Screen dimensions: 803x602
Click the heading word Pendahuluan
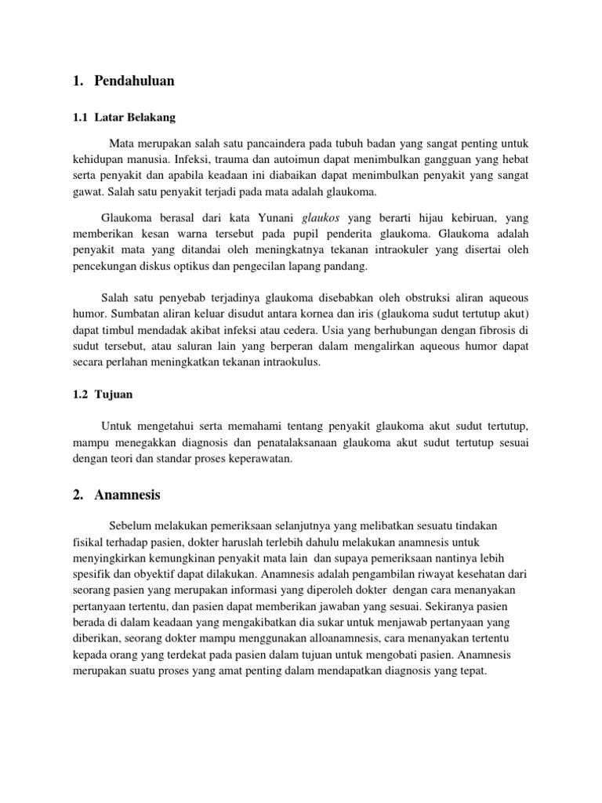pyautogui.click(x=134, y=81)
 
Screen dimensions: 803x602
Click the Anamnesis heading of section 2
pyautogui.click(x=127, y=495)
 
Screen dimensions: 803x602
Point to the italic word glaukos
pyautogui.click(x=321, y=217)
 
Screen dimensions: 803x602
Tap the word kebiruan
pyautogui.click(x=472, y=217)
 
